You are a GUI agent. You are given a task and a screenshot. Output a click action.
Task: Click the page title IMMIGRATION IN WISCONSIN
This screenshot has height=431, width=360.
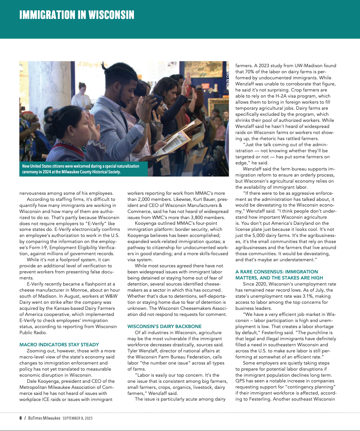click(x=77, y=15)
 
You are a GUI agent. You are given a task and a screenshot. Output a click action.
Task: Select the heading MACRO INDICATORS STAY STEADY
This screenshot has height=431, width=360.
click(x=59, y=345)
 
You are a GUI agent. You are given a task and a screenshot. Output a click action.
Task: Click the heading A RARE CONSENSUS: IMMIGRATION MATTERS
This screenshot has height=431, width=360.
click(x=279, y=275)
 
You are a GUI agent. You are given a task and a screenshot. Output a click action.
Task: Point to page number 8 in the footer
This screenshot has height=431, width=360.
click(x=21, y=418)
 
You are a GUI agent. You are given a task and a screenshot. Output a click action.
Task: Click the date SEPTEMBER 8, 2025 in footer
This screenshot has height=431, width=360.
click(x=77, y=418)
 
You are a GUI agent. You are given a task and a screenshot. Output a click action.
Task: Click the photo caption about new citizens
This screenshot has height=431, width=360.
click(x=80, y=169)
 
